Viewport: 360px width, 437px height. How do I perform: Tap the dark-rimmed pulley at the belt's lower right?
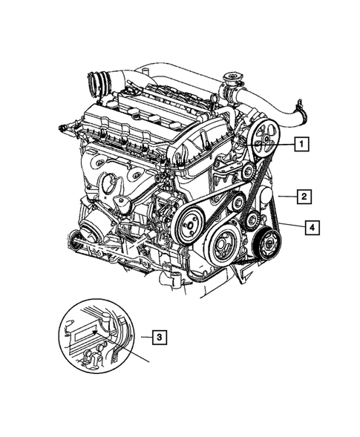(x=267, y=242)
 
